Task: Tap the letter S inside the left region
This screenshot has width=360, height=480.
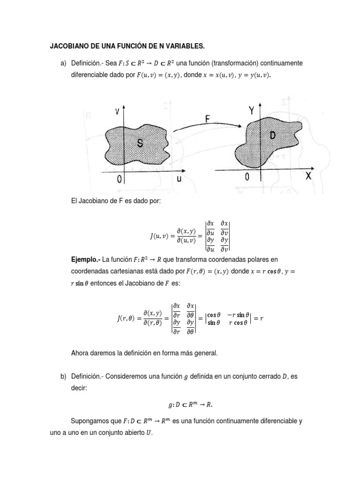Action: tap(140, 144)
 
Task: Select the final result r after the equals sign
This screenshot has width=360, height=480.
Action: tap(262, 319)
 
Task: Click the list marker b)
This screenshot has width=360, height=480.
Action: tap(64, 376)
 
